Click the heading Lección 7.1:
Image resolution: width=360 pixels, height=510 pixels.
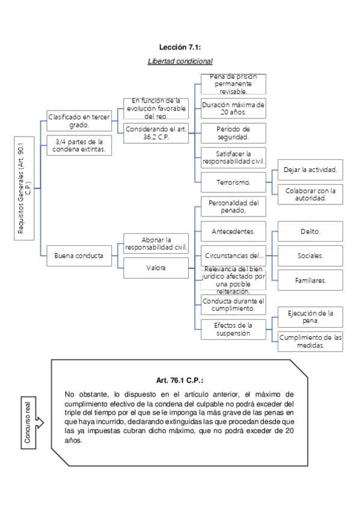(x=180, y=47)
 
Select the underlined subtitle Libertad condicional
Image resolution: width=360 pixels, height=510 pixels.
(x=180, y=61)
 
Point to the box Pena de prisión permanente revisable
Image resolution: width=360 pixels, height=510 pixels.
(x=233, y=84)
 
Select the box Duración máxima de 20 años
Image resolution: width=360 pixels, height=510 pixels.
(x=233, y=108)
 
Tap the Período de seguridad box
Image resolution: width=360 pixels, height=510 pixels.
(x=233, y=133)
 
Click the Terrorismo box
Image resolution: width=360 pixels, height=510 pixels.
(x=233, y=182)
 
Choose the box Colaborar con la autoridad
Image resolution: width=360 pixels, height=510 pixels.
(x=310, y=194)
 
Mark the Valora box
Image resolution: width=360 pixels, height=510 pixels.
(x=156, y=268)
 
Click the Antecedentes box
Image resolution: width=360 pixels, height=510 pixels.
(x=233, y=231)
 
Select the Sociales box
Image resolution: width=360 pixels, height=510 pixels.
(x=310, y=256)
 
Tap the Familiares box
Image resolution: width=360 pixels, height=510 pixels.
(x=310, y=280)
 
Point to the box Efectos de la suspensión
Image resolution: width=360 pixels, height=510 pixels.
(x=233, y=329)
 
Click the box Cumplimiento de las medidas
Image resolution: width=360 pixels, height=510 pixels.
(x=310, y=341)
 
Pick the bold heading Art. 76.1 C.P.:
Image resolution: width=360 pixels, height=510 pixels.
(x=180, y=381)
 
